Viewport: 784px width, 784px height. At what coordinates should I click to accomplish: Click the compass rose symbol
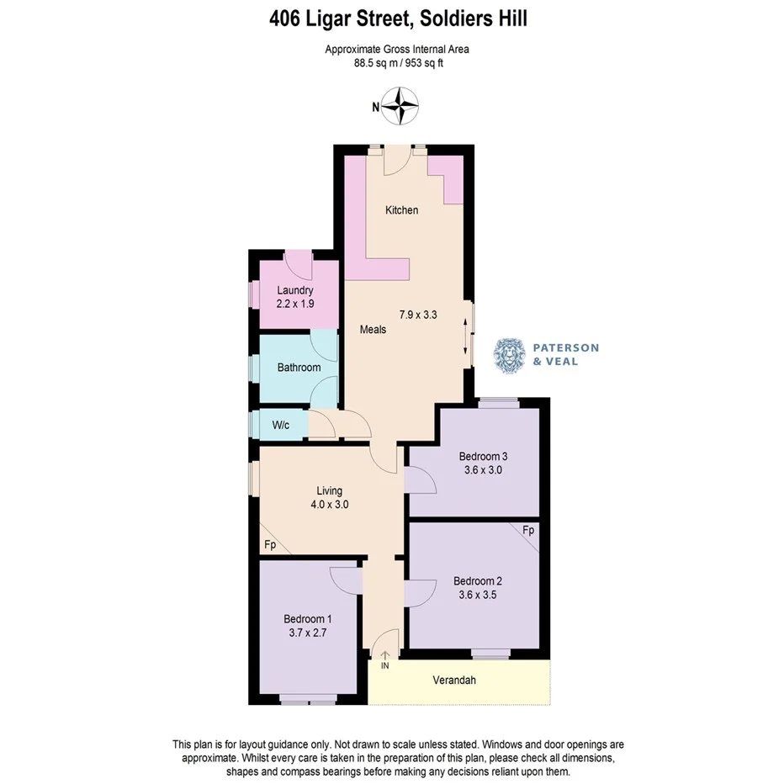[x=402, y=106]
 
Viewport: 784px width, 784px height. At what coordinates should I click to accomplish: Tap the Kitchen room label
[x=401, y=209]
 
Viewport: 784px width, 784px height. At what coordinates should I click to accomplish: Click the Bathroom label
[x=299, y=368]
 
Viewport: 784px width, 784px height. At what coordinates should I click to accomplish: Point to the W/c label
[x=280, y=425]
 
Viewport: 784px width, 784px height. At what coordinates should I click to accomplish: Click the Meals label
[x=373, y=330]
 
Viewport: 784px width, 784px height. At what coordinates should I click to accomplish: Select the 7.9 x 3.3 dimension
[x=419, y=315]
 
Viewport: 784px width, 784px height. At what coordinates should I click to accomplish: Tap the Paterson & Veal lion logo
[x=510, y=355]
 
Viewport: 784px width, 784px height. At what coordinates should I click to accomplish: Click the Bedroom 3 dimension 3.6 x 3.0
[x=483, y=470]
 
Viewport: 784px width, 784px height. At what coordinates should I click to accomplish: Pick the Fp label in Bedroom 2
[x=528, y=532]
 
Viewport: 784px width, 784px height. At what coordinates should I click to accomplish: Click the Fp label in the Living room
[x=270, y=544]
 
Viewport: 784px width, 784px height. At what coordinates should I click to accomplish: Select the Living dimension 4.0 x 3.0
[x=329, y=505]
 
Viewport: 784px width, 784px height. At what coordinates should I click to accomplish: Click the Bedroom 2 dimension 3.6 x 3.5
[x=477, y=595]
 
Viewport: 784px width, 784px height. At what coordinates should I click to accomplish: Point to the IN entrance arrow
[x=386, y=657]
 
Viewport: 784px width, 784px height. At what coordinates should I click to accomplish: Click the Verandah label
[x=454, y=680]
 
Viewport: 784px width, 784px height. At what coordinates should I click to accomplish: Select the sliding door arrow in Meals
[x=465, y=336]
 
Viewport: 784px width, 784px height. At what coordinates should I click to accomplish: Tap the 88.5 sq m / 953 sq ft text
[x=397, y=62]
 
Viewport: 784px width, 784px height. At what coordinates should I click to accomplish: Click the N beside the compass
[x=376, y=107]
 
